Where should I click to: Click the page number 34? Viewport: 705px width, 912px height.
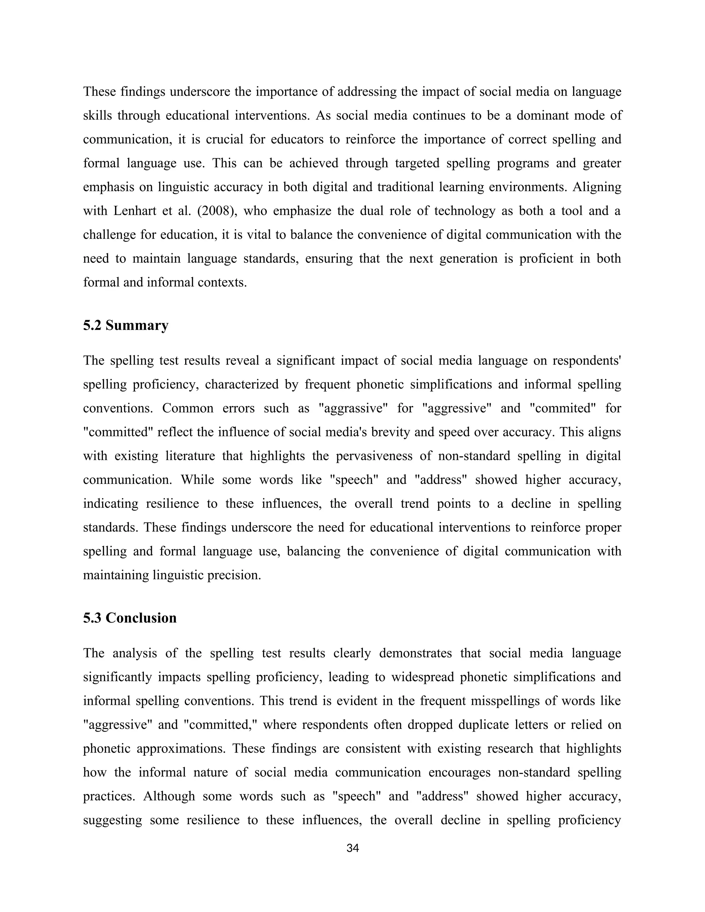352,848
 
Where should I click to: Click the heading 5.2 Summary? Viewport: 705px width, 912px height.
125,325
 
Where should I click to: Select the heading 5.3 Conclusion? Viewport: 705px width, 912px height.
129,618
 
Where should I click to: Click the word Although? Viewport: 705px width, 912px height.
169,796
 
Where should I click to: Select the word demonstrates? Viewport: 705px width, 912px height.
415,653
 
